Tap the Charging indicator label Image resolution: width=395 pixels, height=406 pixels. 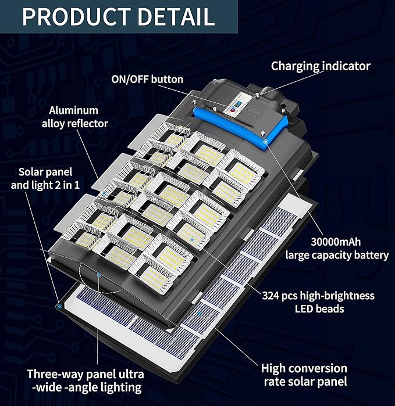click(321, 66)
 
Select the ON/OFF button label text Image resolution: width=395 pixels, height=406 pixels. click(147, 80)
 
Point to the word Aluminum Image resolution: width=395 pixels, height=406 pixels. click(73, 110)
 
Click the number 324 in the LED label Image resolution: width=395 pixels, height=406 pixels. click(271, 296)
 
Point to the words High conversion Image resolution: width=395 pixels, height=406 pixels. click(304, 368)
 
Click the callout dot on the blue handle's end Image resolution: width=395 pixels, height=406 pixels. click(265, 140)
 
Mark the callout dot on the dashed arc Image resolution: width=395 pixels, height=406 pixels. click(99, 274)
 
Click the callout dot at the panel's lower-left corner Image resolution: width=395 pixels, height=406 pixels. click(59, 303)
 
